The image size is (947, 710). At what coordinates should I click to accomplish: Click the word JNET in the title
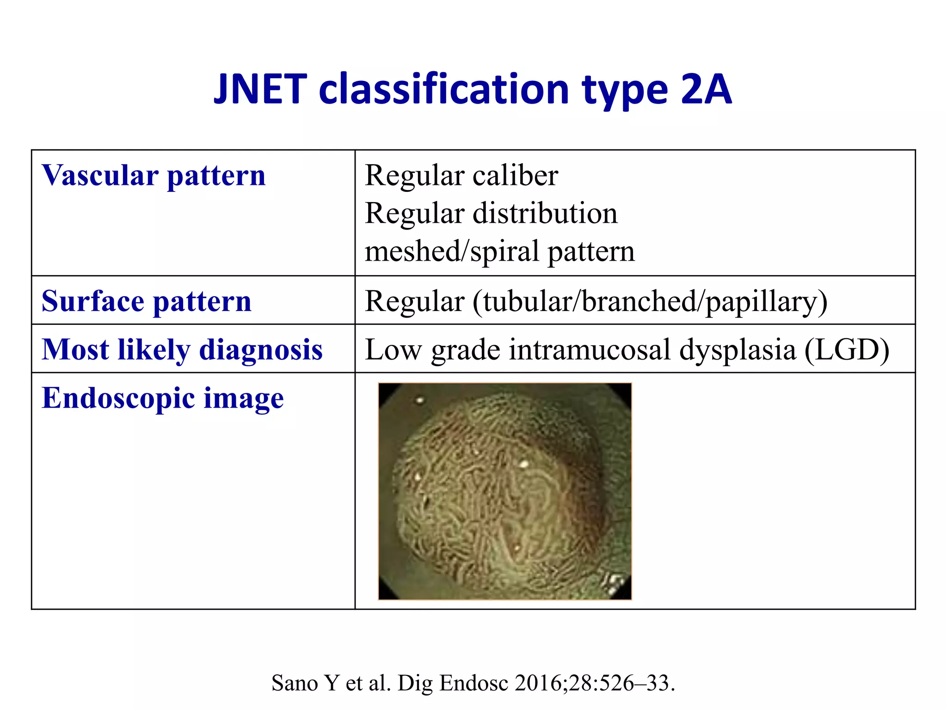(x=260, y=89)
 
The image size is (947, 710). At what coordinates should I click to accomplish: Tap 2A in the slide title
(x=706, y=89)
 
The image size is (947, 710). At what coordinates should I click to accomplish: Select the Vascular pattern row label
(x=154, y=176)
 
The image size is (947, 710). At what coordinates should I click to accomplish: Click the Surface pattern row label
(x=147, y=301)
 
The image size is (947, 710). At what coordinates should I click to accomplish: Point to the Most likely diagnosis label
(x=182, y=349)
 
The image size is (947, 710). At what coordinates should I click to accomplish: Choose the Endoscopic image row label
(x=163, y=398)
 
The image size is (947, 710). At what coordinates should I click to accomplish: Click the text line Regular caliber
(x=461, y=176)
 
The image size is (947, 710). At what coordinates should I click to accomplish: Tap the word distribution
(x=545, y=214)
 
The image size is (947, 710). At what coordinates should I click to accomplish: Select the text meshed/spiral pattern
(x=499, y=251)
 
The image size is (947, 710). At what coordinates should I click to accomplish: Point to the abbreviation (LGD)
(x=847, y=349)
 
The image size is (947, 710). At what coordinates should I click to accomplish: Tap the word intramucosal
(x=590, y=349)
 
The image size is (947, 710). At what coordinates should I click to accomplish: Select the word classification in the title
(x=443, y=89)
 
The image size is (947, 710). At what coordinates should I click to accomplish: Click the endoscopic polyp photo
(x=504, y=491)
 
